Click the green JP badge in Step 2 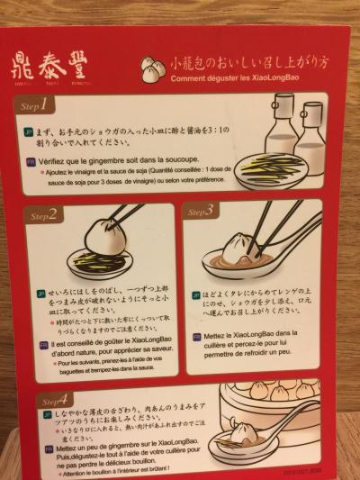[40, 294]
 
